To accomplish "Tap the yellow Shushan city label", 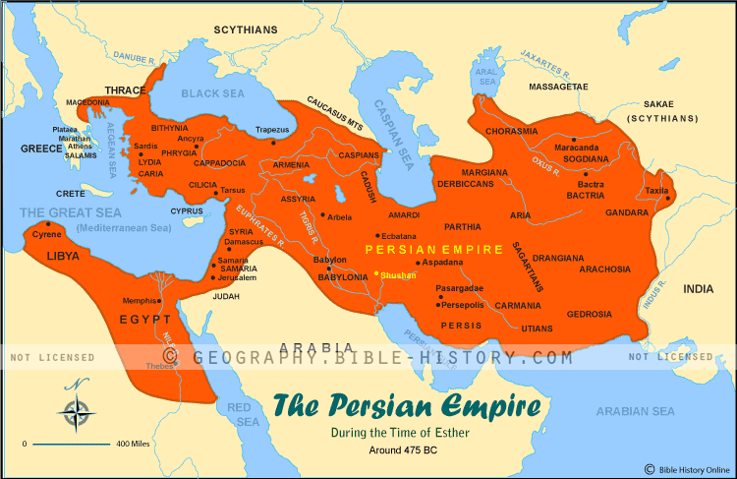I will pos(399,275).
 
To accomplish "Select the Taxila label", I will pos(656,190).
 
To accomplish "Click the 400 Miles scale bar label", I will pos(136,445).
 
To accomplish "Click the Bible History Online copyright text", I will pos(690,468).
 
